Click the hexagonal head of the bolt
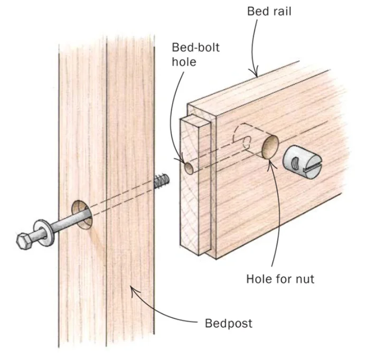click(x=24, y=241)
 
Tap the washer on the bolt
click(x=44, y=233)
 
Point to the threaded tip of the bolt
click(x=162, y=181)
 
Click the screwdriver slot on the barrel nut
click(x=313, y=166)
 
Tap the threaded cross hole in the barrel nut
click(x=294, y=162)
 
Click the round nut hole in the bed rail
click(x=270, y=147)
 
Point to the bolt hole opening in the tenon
click(x=189, y=168)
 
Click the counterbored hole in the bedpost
click(x=82, y=214)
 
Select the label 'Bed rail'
click(x=269, y=11)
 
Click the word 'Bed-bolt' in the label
click(x=195, y=48)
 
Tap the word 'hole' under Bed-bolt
click(x=184, y=62)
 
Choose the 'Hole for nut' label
click(x=280, y=279)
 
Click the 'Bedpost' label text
click(x=228, y=323)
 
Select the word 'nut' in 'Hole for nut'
click(x=305, y=279)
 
